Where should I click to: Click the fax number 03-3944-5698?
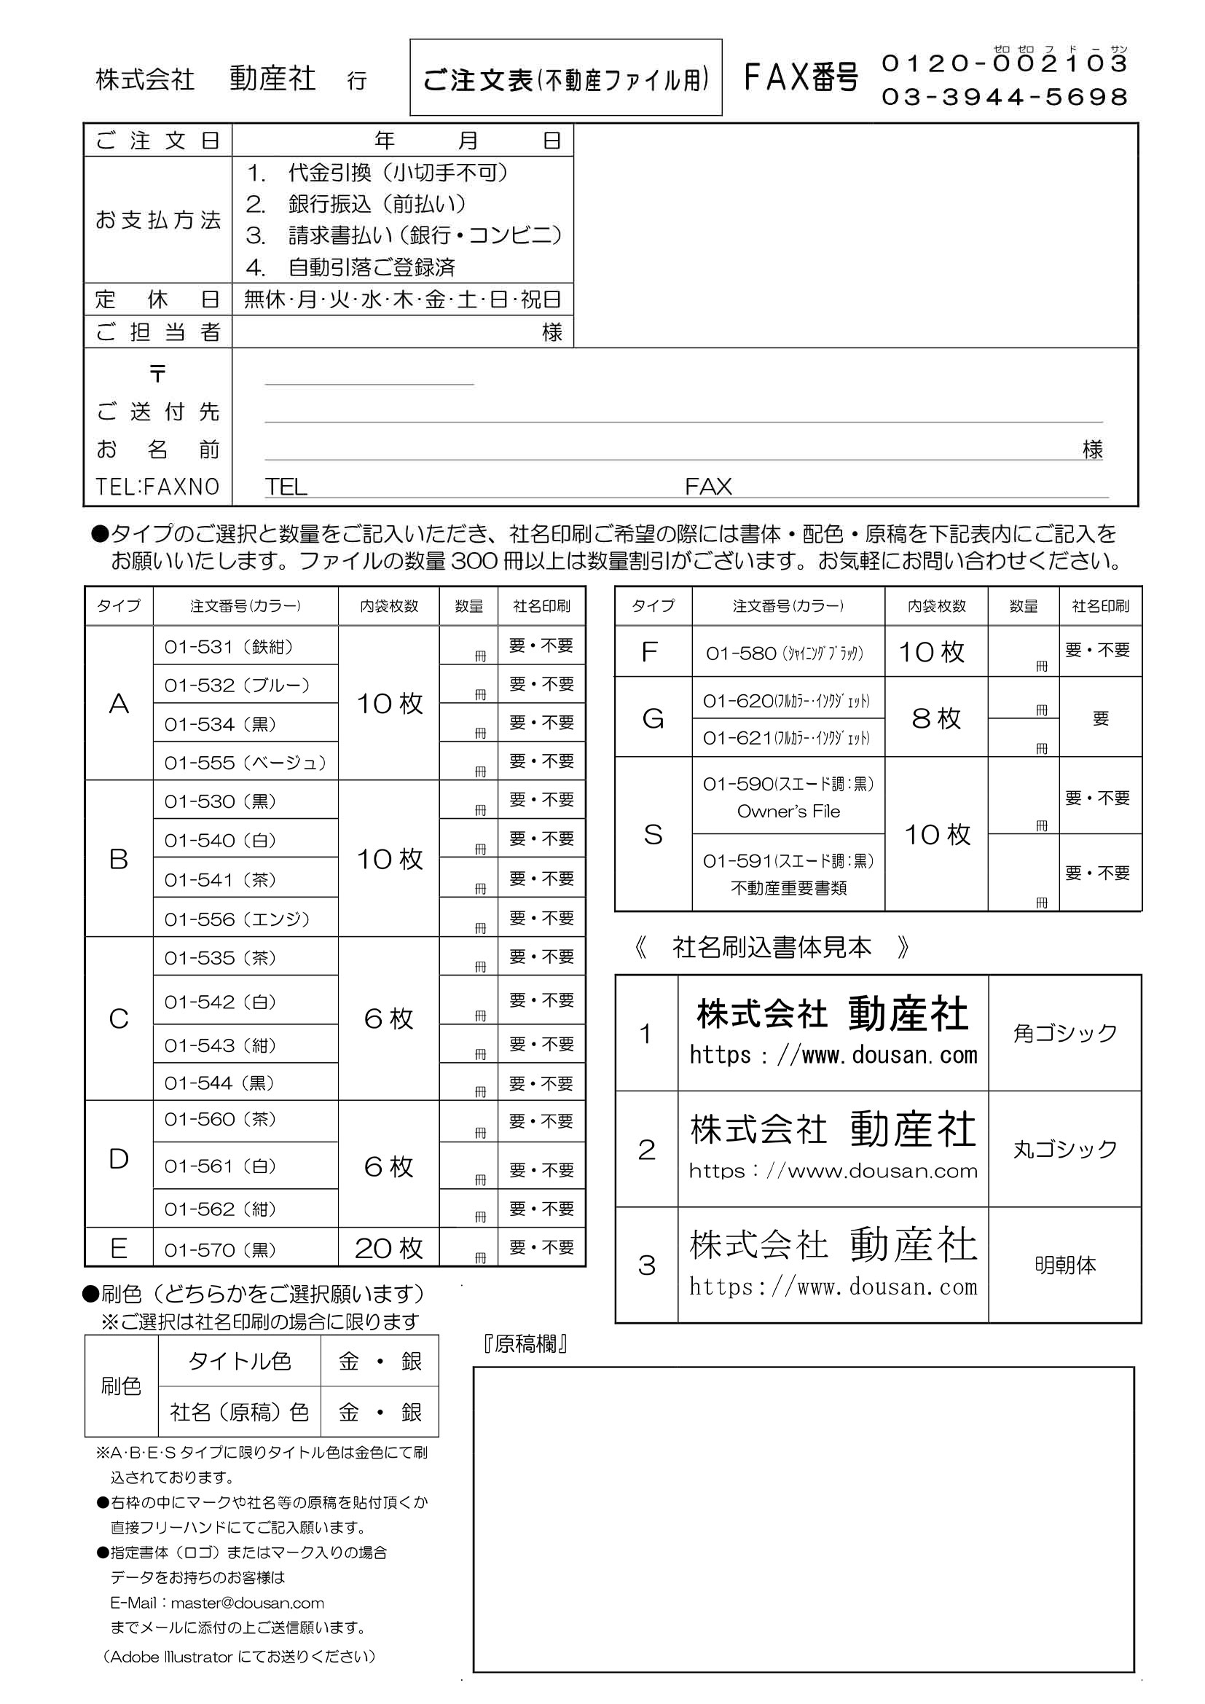point(1005,97)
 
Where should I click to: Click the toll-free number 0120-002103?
point(1005,64)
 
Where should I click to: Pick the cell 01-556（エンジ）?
point(237,919)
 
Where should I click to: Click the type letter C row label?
point(119,1019)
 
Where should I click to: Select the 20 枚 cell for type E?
point(389,1249)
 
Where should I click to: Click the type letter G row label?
point(652,718)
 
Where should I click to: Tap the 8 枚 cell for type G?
point(936,718)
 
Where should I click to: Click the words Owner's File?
point(788,812)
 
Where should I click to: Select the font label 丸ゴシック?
point(1065,1150)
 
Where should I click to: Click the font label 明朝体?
point(1065,1265)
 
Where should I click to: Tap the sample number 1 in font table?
point(646,1034)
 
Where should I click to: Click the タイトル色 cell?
point(240,1362)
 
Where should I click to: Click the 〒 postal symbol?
point(157,373)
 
